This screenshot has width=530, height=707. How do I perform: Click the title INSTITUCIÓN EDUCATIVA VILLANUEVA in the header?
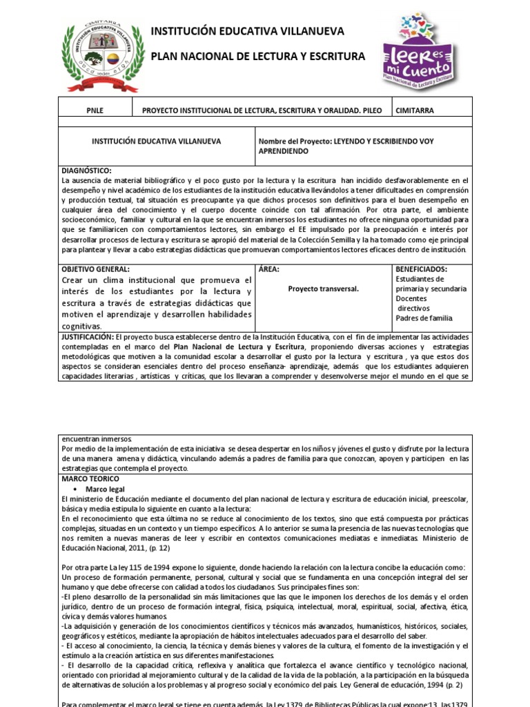[247, 32]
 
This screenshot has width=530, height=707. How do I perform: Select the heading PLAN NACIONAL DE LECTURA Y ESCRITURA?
[257, 57]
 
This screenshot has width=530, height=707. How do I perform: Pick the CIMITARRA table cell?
[415, 110]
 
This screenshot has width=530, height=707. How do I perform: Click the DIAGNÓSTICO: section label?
[86, 171]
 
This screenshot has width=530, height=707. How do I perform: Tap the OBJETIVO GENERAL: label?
[95, 269]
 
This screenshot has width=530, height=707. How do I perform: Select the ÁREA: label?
[269, 269]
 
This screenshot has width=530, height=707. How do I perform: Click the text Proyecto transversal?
[323, 289]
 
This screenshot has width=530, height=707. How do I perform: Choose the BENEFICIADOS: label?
[422, 269]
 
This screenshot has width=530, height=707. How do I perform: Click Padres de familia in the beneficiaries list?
[424, 318]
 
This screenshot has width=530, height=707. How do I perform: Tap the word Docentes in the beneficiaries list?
[411, 298]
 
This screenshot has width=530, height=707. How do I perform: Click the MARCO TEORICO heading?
[90, 478]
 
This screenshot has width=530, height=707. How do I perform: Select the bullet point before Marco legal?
[75, 489]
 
